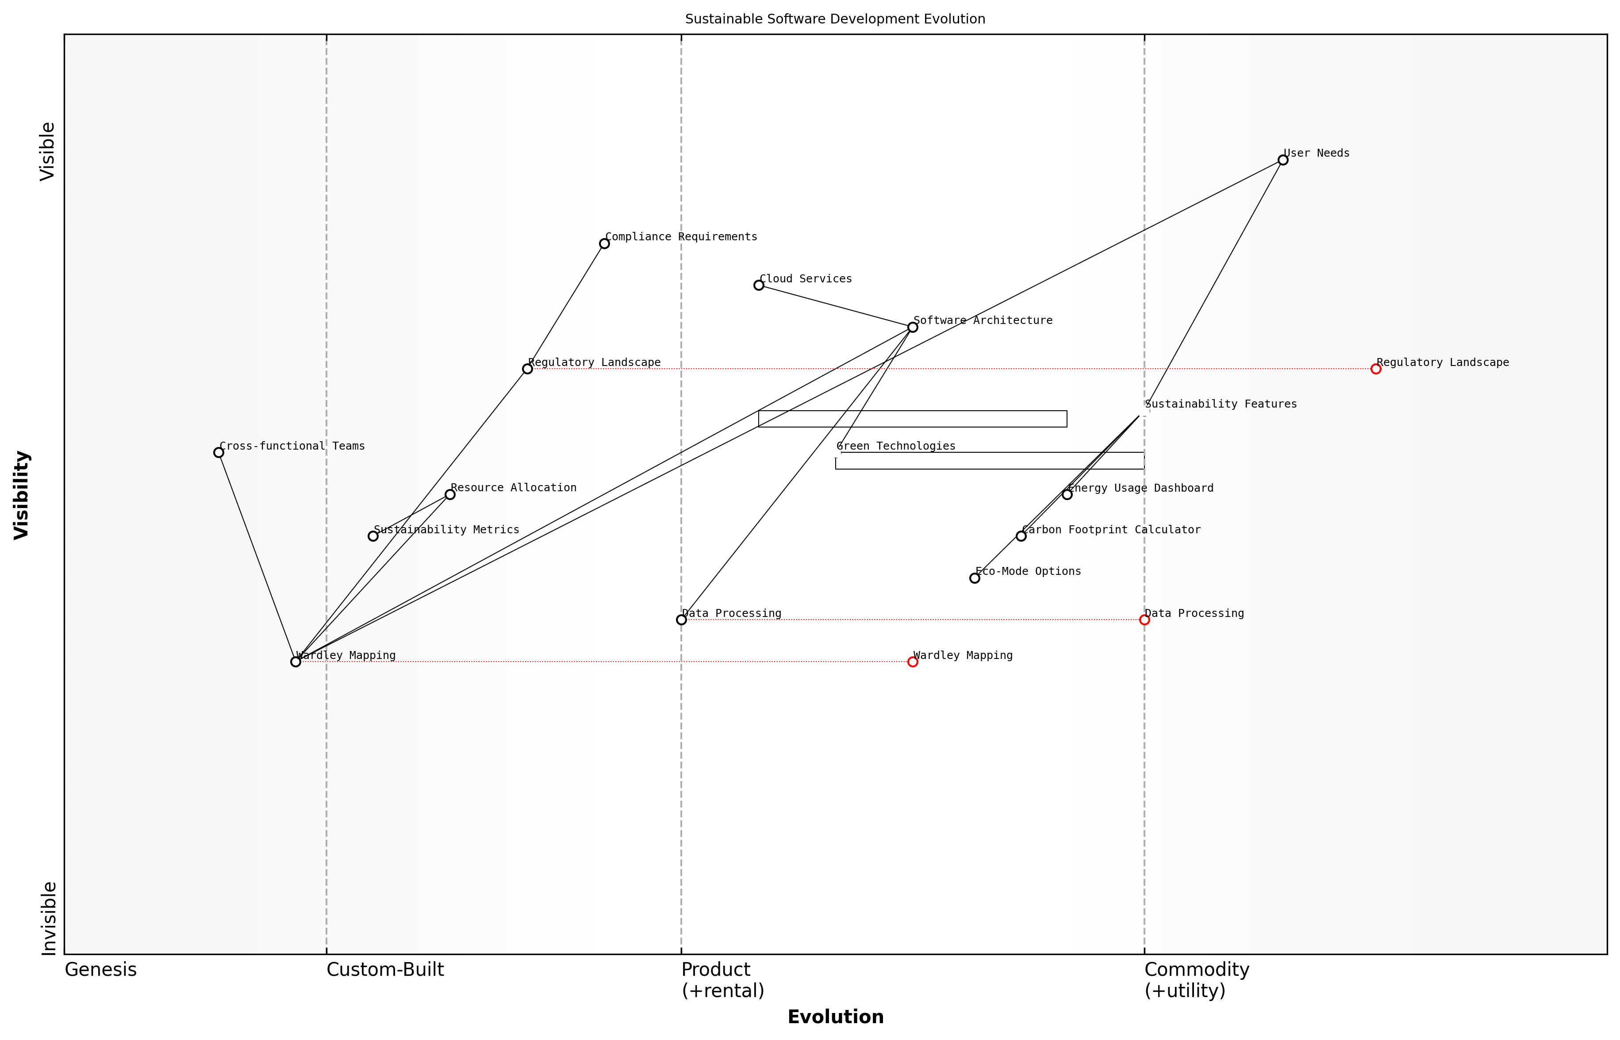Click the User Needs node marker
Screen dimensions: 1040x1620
1282,160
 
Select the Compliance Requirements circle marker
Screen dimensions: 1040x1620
604,244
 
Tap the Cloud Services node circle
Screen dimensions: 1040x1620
759,285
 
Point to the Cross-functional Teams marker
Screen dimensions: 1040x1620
219,452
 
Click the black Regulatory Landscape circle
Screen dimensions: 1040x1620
527,369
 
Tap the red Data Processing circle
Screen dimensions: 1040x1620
1144,620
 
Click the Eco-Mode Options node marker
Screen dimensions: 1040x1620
975,578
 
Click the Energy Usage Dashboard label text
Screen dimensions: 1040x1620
1141,488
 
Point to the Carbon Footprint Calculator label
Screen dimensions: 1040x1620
1111,530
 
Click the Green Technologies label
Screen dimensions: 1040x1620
896,447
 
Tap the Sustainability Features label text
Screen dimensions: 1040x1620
1221,404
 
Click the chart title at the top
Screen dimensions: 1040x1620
835,19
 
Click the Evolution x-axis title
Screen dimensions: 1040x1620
835,1017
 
